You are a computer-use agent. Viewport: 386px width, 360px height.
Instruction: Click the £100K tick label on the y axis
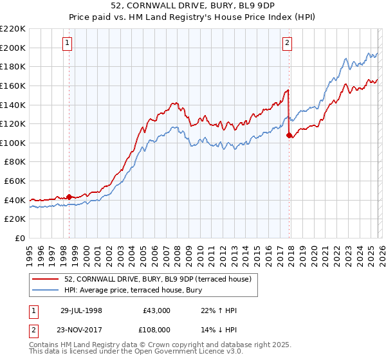tap(13, 143)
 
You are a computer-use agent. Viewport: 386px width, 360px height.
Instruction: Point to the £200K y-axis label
tap(13, 48)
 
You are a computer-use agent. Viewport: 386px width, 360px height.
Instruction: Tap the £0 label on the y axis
tap(20, 238)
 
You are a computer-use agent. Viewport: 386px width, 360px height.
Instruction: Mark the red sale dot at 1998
tap(69, 197)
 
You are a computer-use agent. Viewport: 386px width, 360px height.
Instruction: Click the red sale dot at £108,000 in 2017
tap(289, 135)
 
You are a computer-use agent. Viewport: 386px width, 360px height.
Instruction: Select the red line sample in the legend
tap(46, 278)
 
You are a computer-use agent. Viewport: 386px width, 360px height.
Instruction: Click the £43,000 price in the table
tap(156, 310)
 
